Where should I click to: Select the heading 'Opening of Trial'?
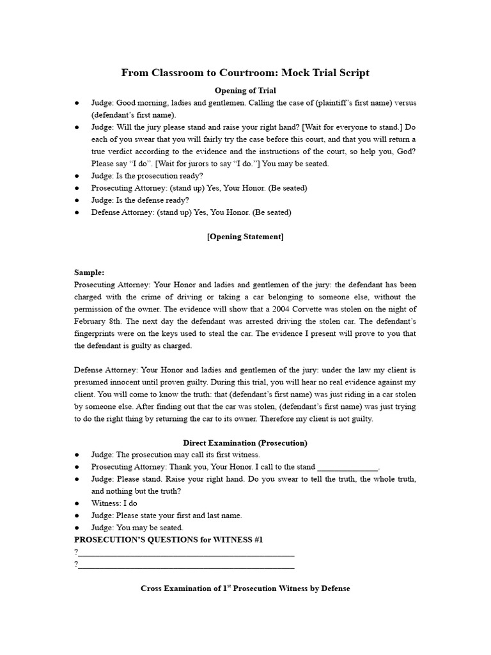click(x=245, y=90)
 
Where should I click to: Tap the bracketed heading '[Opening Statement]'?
click(x=245, y=237)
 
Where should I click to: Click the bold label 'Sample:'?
click(x=90, y=272)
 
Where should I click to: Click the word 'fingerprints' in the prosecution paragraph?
click(x=96, y=333)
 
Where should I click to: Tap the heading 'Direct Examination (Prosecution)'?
click(x=245, y=443)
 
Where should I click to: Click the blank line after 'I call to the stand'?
click(x=347, y=467)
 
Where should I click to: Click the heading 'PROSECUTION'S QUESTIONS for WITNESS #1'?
click(x=169, y=540)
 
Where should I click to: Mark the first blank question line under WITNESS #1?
click(x=186, y=553)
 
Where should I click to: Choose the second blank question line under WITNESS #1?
click(x=186, y=565)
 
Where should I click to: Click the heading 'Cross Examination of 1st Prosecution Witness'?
click(x=245, y=588)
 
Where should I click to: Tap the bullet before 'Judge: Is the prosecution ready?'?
click(x=77, y=176)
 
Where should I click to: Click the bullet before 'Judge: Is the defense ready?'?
click(x=77, y=200)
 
